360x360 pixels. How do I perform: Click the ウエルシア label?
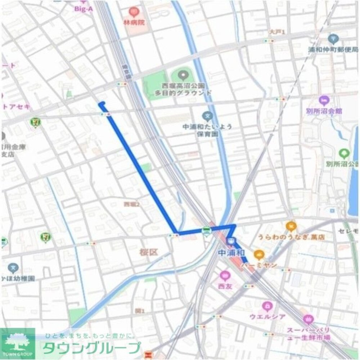[267, 317]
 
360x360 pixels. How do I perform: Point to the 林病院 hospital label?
[134, 22]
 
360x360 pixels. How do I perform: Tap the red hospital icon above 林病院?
[134, 12]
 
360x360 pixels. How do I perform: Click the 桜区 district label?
[149, 252]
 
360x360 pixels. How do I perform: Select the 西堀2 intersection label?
[131, 204]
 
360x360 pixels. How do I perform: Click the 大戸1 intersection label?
[278, 32]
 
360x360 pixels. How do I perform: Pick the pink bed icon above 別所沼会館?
[324, 100]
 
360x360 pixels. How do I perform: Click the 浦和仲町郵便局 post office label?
[333, 50]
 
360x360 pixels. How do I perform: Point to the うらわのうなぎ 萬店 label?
[291, 237]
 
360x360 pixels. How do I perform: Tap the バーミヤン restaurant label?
[259, 265]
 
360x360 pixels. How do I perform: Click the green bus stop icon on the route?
[206, 231]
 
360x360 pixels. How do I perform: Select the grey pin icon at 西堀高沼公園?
[184, 75]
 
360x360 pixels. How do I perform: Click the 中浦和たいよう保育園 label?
[207, 130]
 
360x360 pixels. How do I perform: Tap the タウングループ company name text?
[92, 348]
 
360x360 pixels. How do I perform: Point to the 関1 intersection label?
[140, 310]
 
